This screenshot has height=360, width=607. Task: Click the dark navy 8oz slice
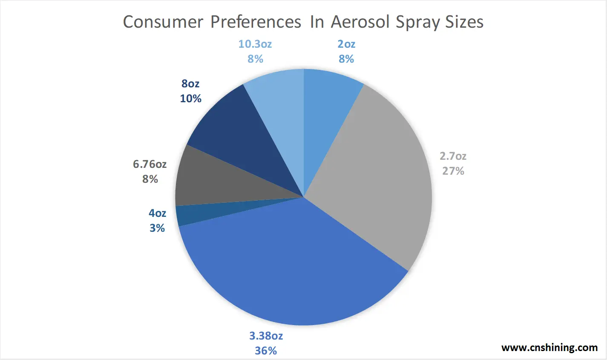239,136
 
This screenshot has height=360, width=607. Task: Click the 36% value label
266,351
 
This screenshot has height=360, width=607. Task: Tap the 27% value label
453,171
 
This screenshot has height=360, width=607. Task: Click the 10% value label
190,98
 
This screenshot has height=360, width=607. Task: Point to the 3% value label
157,228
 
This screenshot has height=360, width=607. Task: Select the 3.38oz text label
266,336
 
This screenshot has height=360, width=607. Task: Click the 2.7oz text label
453,156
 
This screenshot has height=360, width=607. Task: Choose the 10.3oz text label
255,44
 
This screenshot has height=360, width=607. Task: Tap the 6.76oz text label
150,164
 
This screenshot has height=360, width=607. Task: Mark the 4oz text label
157,213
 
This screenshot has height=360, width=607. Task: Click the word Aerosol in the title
360,22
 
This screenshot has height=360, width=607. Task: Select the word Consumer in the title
163,22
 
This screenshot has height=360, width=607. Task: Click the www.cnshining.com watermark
549,347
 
